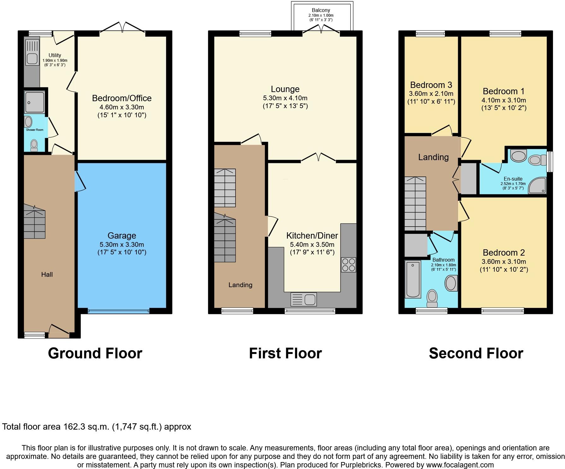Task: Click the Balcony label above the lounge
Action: click(x=321, y=10)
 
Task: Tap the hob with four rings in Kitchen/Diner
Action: click(x=348, y=265)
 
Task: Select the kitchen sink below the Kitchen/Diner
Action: click(x=304, y=299)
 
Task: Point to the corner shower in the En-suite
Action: click(x=538, y=186)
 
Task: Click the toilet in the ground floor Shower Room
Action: click(x=34, y=145)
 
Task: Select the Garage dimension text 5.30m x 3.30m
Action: click(x=122, y=244)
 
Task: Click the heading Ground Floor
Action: click(x=95, y=353)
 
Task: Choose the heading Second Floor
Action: click(x=476, y=353)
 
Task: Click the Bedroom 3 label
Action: click(x=431, y=85)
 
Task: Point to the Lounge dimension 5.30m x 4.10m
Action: click(x=285, y=98)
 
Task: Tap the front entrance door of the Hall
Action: click(x=59, y=330)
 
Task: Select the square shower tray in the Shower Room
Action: click(x=34, y=102)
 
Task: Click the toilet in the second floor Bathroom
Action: click(x=432, y=298)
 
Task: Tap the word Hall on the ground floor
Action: click(x=47, y=275)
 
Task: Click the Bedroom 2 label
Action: click(x=504, y=253)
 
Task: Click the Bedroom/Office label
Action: click(x=122, y=98)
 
